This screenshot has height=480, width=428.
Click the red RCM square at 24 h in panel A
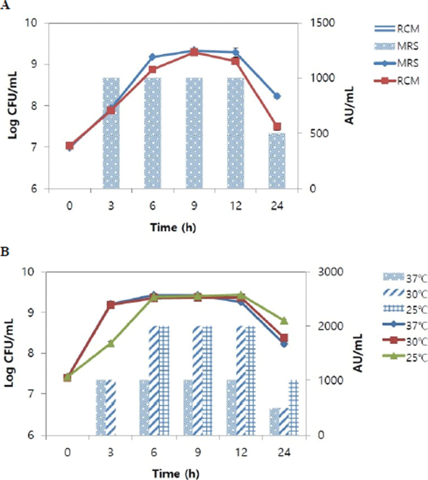pos(277,126)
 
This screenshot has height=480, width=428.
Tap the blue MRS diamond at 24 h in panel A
pos(277,96)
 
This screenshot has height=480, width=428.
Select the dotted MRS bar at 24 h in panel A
pos(277,161)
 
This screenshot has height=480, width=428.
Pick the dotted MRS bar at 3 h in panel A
pos(111,133)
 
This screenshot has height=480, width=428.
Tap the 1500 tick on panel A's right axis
pos(319,23)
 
